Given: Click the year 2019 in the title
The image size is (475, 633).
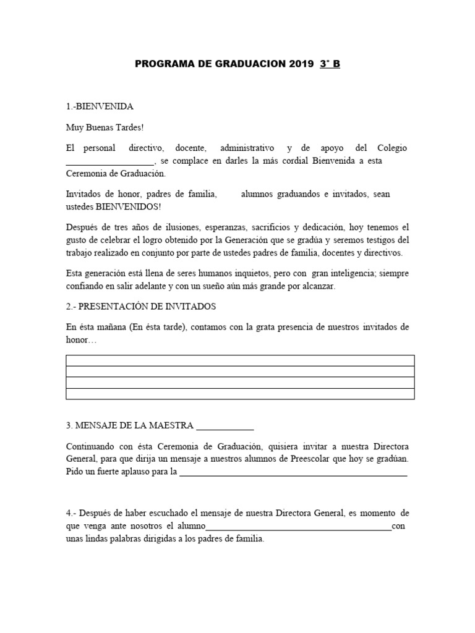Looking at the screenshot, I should click(301, 64).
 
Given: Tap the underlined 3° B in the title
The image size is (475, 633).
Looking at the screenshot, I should click(330, 64).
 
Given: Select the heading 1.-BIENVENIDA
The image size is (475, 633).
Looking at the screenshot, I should click(100, 106).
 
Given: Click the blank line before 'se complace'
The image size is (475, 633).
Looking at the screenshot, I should click(109, 161).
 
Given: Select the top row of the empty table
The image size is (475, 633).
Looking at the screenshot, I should click(240, 360).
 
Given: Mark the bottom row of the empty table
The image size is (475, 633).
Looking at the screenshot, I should click(240, 394).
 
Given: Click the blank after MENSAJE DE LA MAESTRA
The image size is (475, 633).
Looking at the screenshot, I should click(225, 426).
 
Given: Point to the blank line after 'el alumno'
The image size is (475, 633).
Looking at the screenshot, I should click(298, 527).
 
